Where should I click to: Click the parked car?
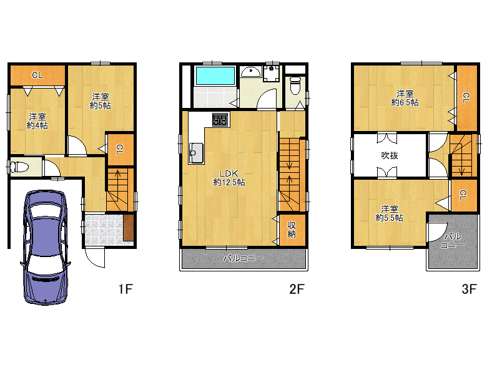pos(46,247)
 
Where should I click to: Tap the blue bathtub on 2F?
pos(215,75)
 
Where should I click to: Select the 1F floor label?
pos(125,289)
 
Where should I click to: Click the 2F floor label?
pos(297,289)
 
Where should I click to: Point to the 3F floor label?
pos(469,289)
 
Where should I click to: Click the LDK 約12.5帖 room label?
pos(229,178)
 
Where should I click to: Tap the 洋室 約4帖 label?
pos(37,121)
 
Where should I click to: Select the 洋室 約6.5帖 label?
pos(405,98)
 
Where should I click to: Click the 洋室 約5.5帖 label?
pos(389,213)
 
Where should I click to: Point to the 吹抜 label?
pos(390,155)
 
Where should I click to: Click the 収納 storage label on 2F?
pos(292,230)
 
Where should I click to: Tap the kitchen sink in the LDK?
pos(196,153)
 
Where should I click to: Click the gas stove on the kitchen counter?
pos(220,120)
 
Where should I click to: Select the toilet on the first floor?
pos(19,167)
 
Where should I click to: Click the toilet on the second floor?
pos(295,85)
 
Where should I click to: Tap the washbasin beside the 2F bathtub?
pos(250,72)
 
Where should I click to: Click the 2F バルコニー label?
pos(243,258)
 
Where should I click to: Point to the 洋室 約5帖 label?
pos(100,101)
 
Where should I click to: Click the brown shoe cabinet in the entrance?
pos(128,227)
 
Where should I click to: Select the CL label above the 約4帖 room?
pos(37,75)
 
